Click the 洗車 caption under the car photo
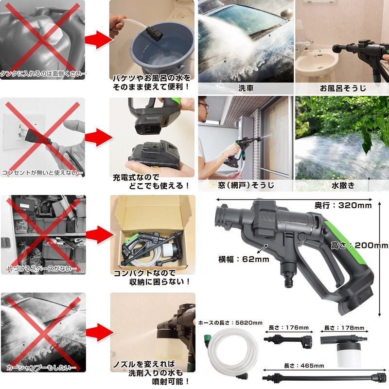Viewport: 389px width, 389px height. click(x=246, y=88)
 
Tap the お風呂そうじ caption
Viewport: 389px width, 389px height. click(x=343, y=88)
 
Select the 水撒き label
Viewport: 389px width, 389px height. click(x=343, y=185)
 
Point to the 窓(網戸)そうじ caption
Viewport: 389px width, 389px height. click(x=246, y=185)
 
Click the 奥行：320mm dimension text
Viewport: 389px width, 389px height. click(x=343, y=205)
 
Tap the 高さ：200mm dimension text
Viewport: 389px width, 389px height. click(x=359, y=246)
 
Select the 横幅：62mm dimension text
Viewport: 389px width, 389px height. click(x=244, y=259)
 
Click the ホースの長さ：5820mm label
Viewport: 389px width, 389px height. click(x=230, y=323)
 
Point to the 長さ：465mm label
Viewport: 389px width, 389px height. click(x=304, y=366)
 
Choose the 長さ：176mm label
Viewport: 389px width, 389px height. click(x=289, y=327)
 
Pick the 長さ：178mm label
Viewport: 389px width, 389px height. click(x=344, y=328)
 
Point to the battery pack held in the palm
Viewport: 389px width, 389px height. click(x=154, y=154)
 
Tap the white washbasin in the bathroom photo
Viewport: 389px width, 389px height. click(x=318, y=60)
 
